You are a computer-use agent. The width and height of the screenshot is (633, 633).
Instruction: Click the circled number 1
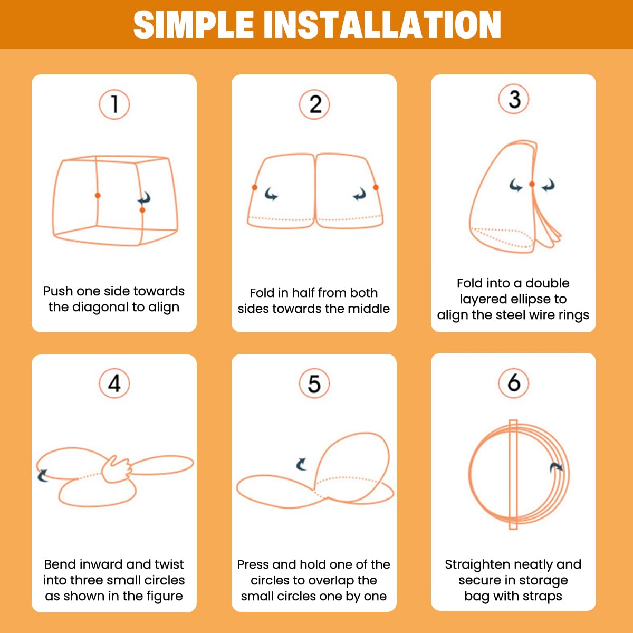coord(114,104)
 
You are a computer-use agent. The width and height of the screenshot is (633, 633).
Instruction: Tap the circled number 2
coord(314,104)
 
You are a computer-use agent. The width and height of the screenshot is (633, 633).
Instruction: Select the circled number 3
coord(514,99)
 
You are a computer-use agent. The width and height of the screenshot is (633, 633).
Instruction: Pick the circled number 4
coord(114,383)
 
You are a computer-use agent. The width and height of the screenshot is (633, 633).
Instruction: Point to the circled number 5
coord(314,383)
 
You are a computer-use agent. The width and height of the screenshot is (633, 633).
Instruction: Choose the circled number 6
coord(514,382)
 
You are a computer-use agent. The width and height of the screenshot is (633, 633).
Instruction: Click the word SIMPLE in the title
coord(194,25)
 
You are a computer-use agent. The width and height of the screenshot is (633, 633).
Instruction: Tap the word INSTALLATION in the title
coord(382,25)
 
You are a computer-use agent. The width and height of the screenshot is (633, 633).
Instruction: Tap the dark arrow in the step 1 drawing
coord(145,198)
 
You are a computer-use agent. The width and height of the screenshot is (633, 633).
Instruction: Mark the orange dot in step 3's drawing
coord(532,184)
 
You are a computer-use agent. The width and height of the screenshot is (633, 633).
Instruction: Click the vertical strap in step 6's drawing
coord(513,474)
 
